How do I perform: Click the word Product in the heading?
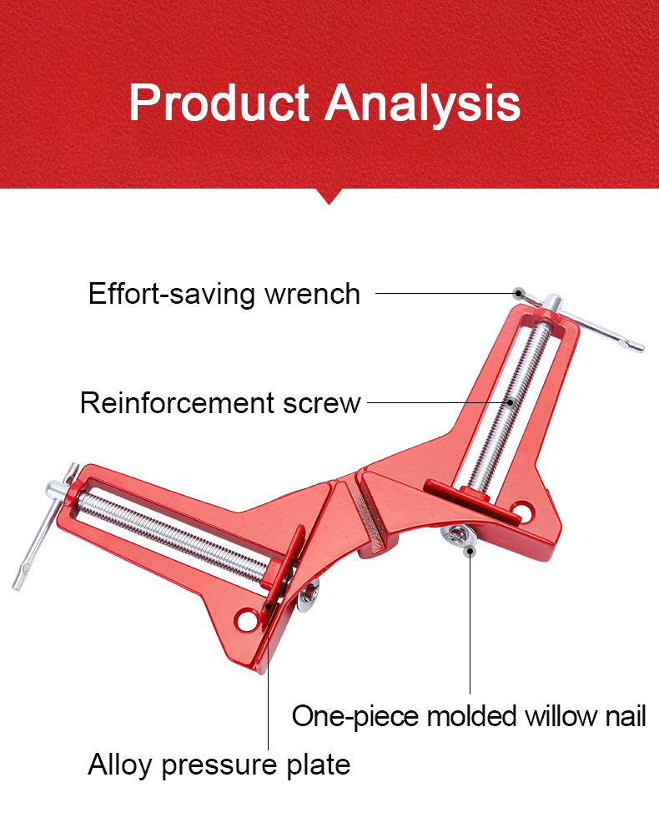[x=219, y=103]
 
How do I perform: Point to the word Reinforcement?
[x=177, y=403]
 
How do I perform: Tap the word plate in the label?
[x=319, y=765]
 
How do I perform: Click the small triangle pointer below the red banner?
[x=329, y=196]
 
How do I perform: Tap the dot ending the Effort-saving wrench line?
[x=517, y=293]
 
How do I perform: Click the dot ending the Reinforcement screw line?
[x=511, y=402]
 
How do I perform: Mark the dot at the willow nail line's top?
[x=470, y=551]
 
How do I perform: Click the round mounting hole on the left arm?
[x=245, y=620]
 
